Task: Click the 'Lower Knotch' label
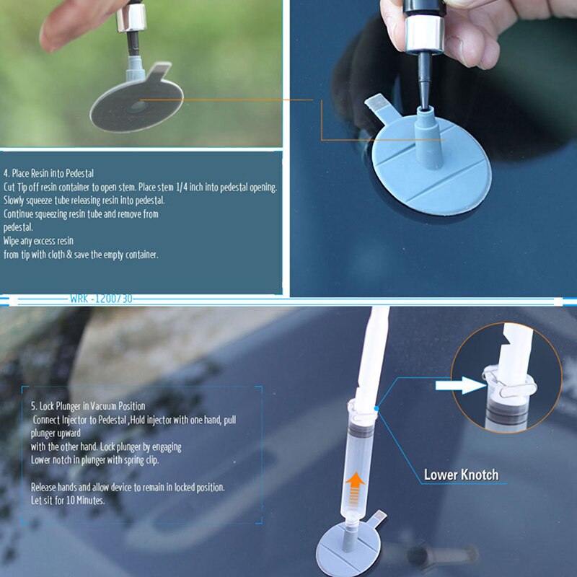460,475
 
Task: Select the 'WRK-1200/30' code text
101,299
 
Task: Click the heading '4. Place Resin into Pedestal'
48,173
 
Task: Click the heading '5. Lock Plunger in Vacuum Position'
88,406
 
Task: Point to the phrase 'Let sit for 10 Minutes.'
69,501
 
